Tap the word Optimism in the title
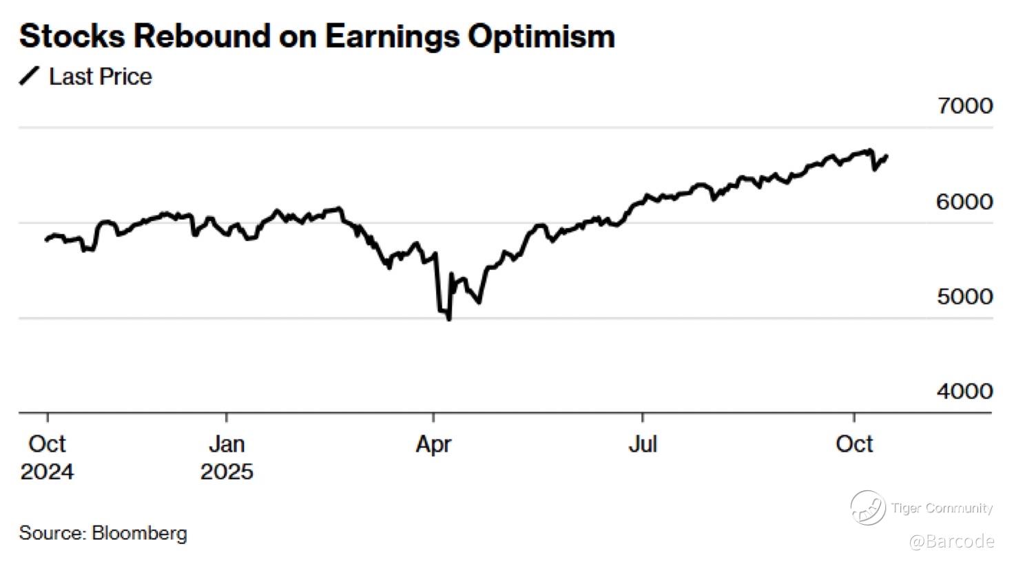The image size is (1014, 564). click(541, 36)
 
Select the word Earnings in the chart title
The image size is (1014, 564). click(391, 36)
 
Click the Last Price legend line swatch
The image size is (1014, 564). click(30, 76)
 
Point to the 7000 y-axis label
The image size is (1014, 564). click(964, 106)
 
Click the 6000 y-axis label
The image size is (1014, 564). click(964, 202)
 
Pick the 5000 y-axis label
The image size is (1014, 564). click(964, 297)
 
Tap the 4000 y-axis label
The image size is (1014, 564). click(964, 392)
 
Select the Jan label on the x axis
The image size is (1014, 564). click(227, 444)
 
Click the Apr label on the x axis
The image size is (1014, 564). click(433, 444)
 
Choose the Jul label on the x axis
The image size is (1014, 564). click(643, 444)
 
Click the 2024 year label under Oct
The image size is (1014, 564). click(47, 472)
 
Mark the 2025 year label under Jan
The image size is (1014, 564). click(227, 472)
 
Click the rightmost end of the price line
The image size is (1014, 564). click(887, 156)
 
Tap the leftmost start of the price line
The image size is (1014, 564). click(46, 240)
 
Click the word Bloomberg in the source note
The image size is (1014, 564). click(139, 533)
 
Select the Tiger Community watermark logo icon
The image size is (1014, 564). click(867, 508)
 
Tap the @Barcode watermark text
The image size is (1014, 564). click(951, 541)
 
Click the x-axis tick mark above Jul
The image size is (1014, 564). click(643, 418)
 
